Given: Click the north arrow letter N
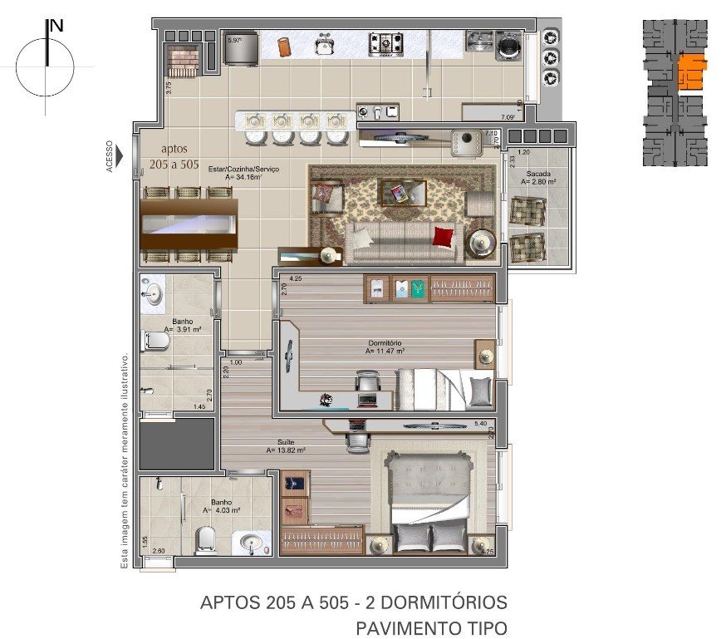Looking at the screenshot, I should [x=56, y=25].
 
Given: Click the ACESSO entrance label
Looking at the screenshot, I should [x=110, y=155].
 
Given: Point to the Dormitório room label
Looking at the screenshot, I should [x=385, y=342].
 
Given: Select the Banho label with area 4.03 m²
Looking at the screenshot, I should [x=221, y=502].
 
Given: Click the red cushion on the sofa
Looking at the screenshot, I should [x=444, y=238].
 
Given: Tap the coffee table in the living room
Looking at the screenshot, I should [x=403, y=193].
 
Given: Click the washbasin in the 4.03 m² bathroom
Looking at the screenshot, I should [x=253, y=544].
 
